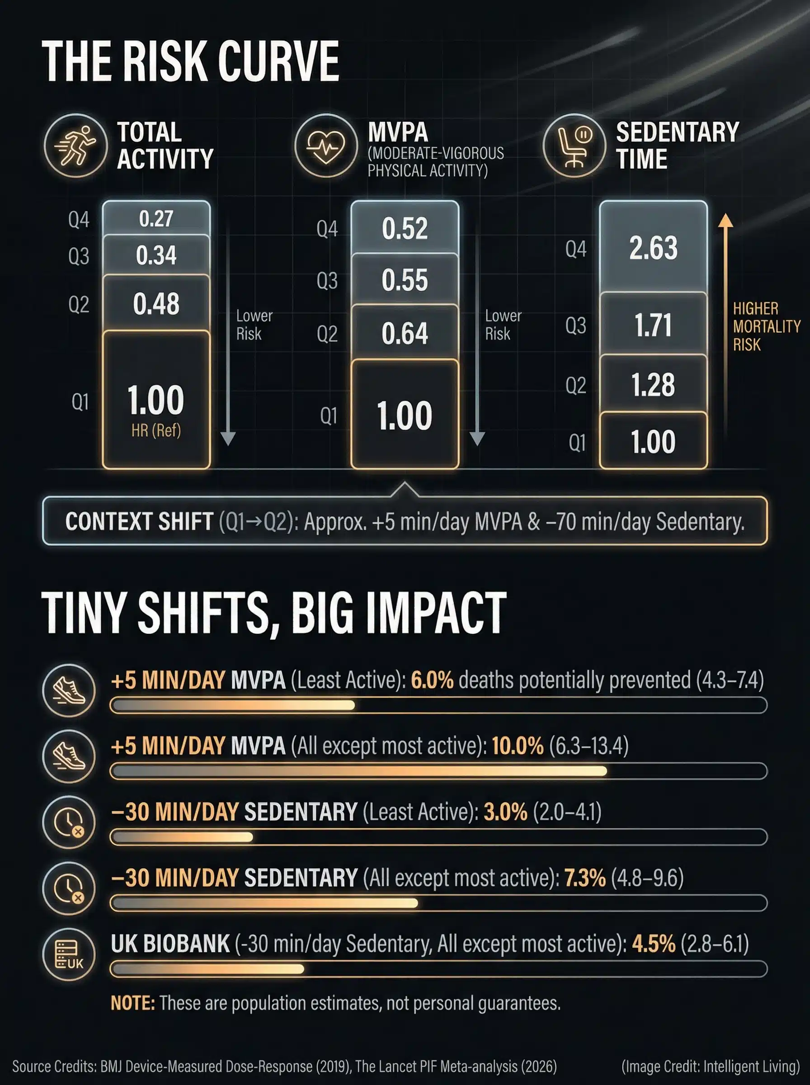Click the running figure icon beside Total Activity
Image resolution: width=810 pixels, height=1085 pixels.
(75, 146)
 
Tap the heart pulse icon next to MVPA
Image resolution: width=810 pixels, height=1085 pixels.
(325, 146)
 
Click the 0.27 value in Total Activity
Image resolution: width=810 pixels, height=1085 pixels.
(156, 219)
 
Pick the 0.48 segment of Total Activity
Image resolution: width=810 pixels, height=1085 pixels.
(156, 304)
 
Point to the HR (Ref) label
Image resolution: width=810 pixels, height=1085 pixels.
(156, 430)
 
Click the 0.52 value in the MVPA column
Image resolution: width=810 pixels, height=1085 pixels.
(405, 228)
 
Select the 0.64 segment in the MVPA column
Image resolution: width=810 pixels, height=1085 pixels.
(405, 333)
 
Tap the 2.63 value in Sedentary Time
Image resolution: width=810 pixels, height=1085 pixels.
(653, 248)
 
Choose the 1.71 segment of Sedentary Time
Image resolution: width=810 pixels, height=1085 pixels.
(653, 325)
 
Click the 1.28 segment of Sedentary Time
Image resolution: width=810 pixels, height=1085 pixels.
(653, 385)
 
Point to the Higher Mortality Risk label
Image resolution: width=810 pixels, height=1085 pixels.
(766, 326)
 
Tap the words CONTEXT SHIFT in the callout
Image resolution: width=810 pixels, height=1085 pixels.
(139, 522)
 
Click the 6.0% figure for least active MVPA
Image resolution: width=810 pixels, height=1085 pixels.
(432, 680)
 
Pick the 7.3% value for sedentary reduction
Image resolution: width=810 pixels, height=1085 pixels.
(585, 877)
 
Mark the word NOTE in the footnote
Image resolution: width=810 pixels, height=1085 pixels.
(132, 1003)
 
